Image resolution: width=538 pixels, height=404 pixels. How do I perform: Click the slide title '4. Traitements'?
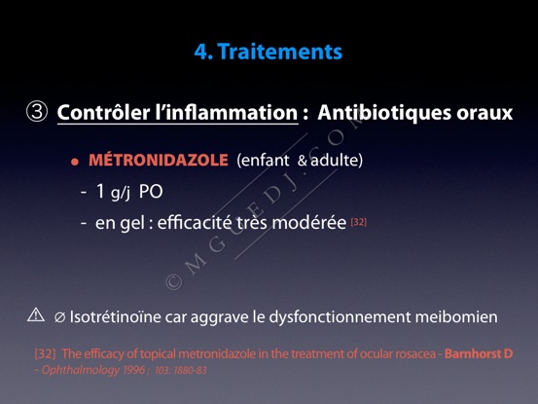(x=269, y=52)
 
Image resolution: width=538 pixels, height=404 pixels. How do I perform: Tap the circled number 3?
(x=37, y=112)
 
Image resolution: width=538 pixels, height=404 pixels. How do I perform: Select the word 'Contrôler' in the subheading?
(x=104, y=112)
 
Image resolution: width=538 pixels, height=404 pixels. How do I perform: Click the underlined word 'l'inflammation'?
(x=227, y=112)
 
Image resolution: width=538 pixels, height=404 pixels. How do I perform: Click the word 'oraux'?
(x=484, y=113)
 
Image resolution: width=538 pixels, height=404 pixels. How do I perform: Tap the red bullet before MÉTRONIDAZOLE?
(x=75, y=162)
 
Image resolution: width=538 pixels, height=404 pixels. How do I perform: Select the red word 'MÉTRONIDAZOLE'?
(x=159, y=160)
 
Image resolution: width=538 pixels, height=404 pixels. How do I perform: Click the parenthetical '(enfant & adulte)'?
(x=300, y=161)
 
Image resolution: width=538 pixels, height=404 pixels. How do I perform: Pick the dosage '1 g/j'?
(x=114, y=192)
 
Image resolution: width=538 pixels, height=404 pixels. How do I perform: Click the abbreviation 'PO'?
(x=151, y=192)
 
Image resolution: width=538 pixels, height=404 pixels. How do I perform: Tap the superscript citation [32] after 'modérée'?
(x=359, y=222)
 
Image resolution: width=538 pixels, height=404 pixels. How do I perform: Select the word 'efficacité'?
(x=195, y=223)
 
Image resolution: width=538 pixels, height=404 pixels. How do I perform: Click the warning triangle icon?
(x=36, y=314)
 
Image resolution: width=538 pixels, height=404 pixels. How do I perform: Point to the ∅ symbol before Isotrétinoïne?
(x=59, y=317)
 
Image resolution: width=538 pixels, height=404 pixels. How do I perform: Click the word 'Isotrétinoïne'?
(x=115, y=316)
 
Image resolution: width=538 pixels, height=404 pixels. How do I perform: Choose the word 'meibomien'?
(x=456, y=316)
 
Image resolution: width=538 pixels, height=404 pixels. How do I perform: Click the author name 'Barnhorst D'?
(x=479, y=353)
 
